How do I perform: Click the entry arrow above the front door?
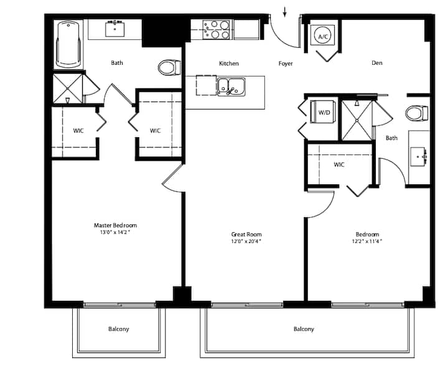point(284,12)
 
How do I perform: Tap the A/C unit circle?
point(324,36)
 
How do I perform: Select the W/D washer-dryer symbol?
point(323,112)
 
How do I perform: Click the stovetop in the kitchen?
point(216,29)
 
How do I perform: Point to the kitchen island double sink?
point(231,87)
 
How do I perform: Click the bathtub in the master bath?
point(68,45)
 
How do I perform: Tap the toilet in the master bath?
point(169,67)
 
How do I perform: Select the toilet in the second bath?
point(417,113)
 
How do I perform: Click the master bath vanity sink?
point(114,29)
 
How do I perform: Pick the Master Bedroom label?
point(116,225)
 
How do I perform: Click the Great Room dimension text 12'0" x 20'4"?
point(246,242)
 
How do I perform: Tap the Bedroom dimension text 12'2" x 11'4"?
point(367,242)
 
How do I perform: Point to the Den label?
point(377,63)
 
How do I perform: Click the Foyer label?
point(286,64)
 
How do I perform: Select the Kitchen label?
point(229,64)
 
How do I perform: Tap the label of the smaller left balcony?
point(119,329)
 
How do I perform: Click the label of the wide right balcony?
point(304,329)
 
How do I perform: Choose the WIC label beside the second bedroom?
point(339,165)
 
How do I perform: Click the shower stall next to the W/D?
point(357,120)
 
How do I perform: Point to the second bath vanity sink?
point(419,157)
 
